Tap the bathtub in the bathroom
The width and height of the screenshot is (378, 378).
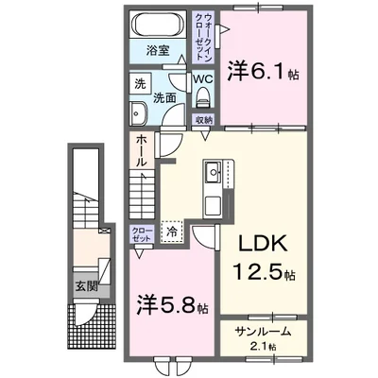[x=158, y=25]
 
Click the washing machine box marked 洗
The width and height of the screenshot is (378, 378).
[x=139, y=83]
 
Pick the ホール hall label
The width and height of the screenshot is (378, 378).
[x=140, y=150]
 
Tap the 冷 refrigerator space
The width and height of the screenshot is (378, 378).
[x=173, y=231]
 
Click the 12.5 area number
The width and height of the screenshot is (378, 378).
[x=257, y=274]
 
